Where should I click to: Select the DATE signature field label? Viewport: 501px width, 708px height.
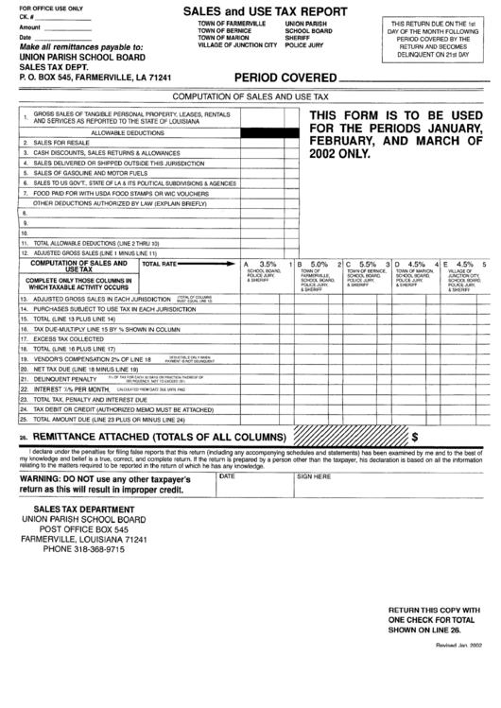[228, 477]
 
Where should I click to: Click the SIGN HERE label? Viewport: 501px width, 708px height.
[314, 477]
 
